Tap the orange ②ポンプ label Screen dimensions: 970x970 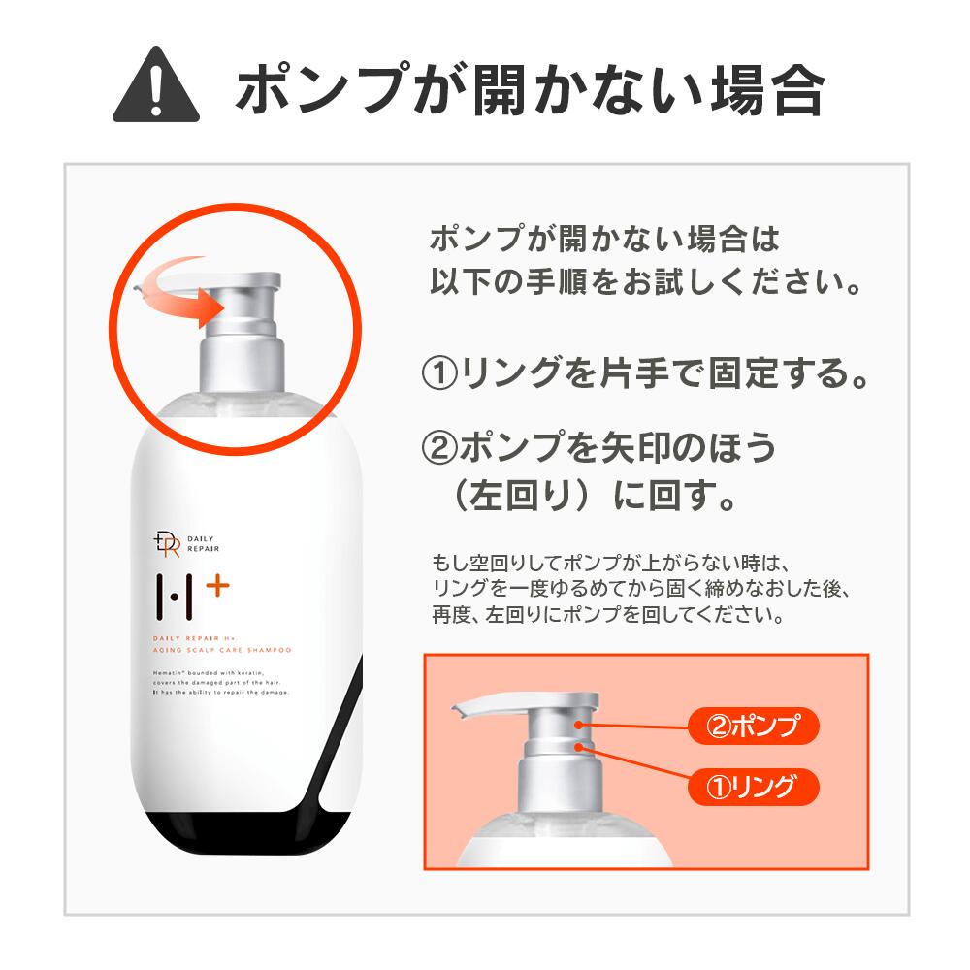pyautogui.click(x=753, y=726)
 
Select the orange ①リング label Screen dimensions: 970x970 pyautogui.click(x=753, y=785)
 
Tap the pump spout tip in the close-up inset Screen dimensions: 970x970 pyautogui.click(x=459, y=713)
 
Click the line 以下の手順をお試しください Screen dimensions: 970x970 pyautogui.click(x=646, y=282)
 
